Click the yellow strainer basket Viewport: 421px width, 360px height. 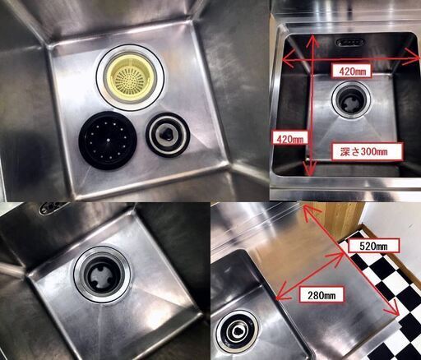pos(130,76)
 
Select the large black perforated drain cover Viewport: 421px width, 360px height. pos(108,141)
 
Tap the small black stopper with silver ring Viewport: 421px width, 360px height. pos(168,135)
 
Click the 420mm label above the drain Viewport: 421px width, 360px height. pos(352,72)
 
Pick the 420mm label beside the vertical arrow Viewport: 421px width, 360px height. pos(290,139)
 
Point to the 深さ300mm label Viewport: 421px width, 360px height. pos(367,151)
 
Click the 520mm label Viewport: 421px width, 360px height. pos(373,246)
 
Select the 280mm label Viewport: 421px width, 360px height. pos(322,295)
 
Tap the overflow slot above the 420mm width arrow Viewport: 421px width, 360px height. pos(350,42)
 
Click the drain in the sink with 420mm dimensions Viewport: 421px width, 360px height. pos(351,101)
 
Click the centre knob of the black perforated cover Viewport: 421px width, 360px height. pos(109,140)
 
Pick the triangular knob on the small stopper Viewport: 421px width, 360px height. pos(166,133)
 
